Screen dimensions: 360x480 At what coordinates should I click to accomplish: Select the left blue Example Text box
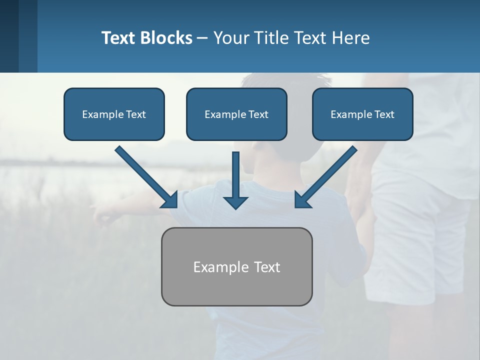pyautogui.click(x=114, y=114)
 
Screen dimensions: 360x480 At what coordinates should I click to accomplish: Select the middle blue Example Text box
pyautogui.click(x=236, y=114)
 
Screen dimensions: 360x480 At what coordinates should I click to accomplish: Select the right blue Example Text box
pyautogui.click(x=362, y=114)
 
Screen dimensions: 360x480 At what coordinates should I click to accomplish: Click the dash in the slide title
pyautogui.click(x=202, y=38)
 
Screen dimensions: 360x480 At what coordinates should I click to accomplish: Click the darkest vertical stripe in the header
pyautogui.click(x=9, y=36)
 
